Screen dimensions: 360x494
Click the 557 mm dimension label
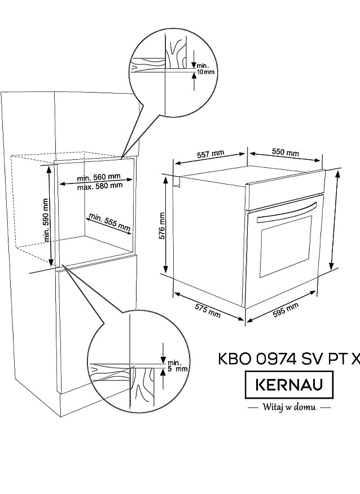[210, 154]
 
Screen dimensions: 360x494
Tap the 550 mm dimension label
[286, 152]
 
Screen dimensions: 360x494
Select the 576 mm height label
[162, 226]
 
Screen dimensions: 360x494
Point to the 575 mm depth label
[208, 311]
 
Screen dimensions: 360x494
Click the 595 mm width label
[286, 310]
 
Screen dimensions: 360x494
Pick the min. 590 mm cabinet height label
[46, 220]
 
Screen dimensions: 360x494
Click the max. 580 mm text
[100, 186]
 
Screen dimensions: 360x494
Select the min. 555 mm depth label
[109, 222]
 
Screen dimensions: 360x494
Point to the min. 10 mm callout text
[205, 69]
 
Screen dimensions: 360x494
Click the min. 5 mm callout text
[177, 365]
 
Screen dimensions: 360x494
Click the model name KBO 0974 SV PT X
[289, 359]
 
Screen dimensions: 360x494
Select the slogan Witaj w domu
[289, 406]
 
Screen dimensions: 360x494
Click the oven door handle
[287, 212]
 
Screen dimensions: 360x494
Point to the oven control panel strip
[285, 190]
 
